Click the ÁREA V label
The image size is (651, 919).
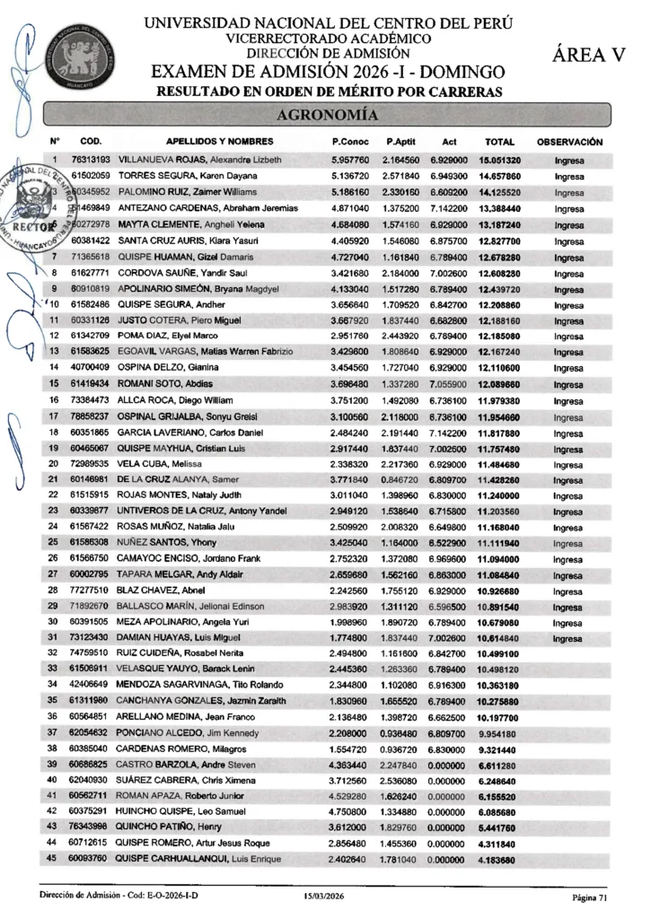pos(590,56)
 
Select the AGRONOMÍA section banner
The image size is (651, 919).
pos(327,115)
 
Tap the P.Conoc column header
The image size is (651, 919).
pos(346,142)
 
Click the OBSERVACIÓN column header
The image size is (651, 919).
pos(568,142)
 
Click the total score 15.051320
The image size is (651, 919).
pos(500,160)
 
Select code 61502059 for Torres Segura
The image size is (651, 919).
pos(91,176)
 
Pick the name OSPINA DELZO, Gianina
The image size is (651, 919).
pos(171,367)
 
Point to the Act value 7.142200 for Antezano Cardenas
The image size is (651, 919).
pos(450,208)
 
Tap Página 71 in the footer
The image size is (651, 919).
pos(590,897)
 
